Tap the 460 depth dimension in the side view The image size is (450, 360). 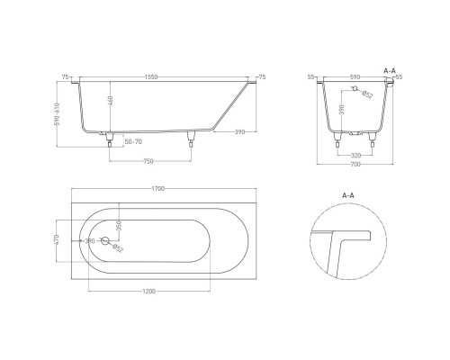pos(111,103)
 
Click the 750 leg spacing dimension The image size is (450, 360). pos(150,161)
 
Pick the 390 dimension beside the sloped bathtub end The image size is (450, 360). pos(240,132)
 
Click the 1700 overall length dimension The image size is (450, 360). pos(158,187)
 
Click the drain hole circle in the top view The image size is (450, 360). pos(105,241)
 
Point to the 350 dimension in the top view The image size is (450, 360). pos(118,225)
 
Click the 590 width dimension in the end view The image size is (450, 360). pos(355,77)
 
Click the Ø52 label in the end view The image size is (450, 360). pos(368,95)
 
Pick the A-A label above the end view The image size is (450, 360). pos(391,68)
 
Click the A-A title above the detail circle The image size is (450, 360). pos(348,193)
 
